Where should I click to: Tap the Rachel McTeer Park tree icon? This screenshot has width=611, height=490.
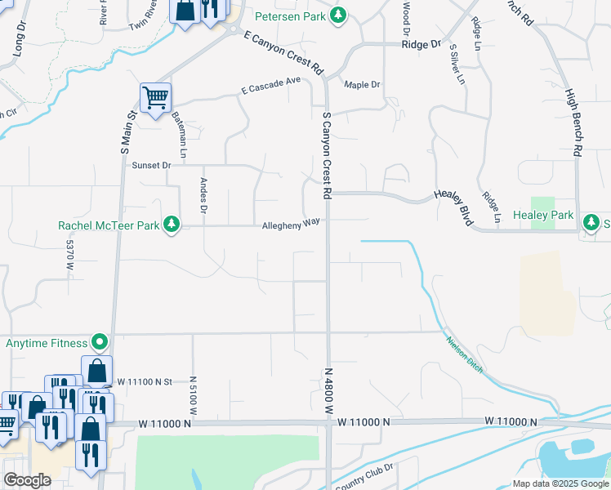click(x=171, y=225)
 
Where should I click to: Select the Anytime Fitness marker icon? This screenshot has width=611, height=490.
click(x=100, y=341)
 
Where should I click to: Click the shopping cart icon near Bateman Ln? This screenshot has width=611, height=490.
click(x=154, y=99)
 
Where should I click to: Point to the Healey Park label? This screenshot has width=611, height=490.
click(x=543, y=215)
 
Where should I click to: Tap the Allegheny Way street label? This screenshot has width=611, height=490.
click(x=290, y=225)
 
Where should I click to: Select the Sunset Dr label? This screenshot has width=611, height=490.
click(x=151, y=165)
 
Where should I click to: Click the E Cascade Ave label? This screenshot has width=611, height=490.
click(x=271, y=90)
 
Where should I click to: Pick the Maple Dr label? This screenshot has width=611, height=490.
click(x=362, y=84)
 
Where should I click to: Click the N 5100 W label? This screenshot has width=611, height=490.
click(x=193, y=395)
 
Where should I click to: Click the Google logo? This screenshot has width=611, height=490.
click(x=27, y=480)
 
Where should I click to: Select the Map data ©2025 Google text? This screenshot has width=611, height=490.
click(x=560, y=483)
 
